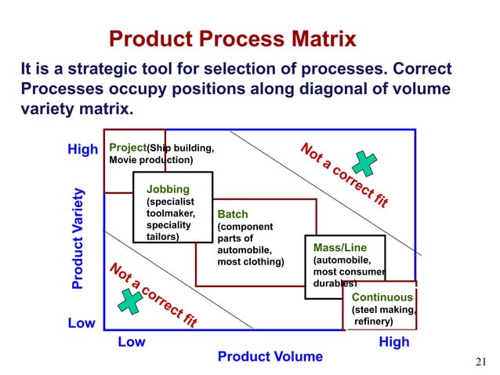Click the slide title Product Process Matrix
(x=232, y=38)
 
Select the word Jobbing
(x=168, y=189)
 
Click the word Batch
(x=232, y=214)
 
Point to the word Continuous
(x=382, y=297)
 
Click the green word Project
(x=128, y=147)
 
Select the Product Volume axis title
(x=270, y=357)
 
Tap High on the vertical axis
(x=82, y=149)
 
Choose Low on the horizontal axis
(x=131, y=343)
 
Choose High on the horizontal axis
(x=393, y=343)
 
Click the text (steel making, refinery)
(x=382, y=315)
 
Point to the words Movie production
(x=150, y=160)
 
